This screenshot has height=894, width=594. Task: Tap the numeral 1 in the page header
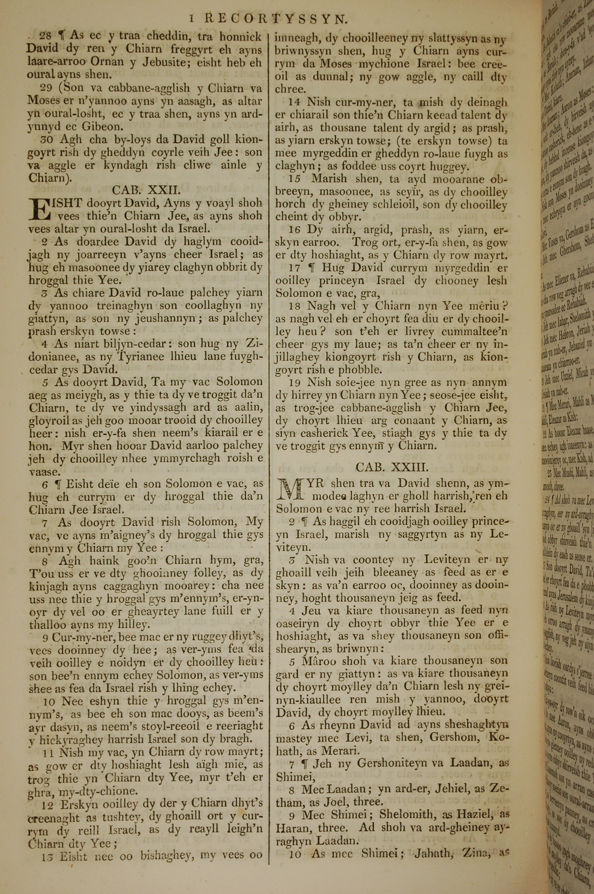[x=192, y=18]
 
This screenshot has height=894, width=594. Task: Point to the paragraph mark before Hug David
[x=312, y=268]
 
